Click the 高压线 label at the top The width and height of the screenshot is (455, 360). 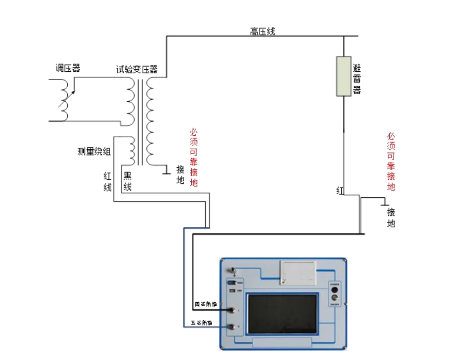tap(263, 32)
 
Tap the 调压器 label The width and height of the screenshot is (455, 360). tap(68, 68)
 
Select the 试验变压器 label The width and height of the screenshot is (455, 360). tap(136, 70)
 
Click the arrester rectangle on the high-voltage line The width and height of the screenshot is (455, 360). tap(344, 76)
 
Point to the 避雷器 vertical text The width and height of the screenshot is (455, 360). tap(357, 79)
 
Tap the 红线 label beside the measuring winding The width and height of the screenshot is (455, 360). tap(108, 181)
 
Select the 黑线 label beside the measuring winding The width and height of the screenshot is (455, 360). tap(127, 181)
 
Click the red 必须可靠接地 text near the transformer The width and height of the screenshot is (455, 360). tap(193, 158)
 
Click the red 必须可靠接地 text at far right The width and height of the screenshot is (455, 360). tap(391, 161)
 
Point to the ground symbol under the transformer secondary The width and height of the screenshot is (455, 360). tap(166, 169)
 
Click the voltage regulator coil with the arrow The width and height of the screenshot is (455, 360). tap(65, 101)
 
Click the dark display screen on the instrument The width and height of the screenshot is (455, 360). tap(282, 314)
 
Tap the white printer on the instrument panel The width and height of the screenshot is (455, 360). tap(297, 272)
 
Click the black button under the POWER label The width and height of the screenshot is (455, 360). tap(334, 289)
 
